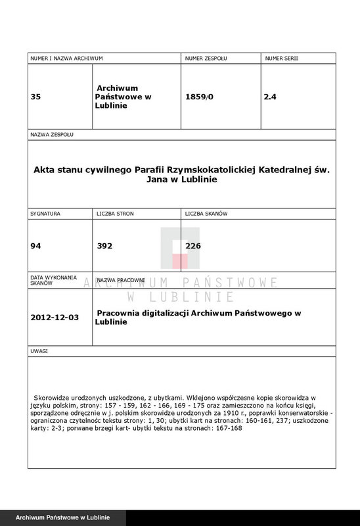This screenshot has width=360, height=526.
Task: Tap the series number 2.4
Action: tap(270, 97)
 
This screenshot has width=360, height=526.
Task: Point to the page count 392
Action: tap(105, 247)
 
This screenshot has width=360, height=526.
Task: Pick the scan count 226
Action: tap(194, 247)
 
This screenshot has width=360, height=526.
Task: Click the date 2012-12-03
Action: tap(55, 317)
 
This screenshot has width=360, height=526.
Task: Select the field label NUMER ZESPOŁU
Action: tap(206, 59)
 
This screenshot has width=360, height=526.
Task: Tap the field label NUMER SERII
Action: tap(281, 59)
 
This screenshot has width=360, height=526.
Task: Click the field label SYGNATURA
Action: tap(46, 214)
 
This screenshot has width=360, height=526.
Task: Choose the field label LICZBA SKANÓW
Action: tap(207, 214)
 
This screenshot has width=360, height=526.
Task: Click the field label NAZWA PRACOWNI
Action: tap(122, 281)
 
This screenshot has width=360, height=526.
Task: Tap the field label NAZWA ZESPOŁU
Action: tap(53, 134)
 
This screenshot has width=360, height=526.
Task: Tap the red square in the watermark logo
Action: tap(179, 260)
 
